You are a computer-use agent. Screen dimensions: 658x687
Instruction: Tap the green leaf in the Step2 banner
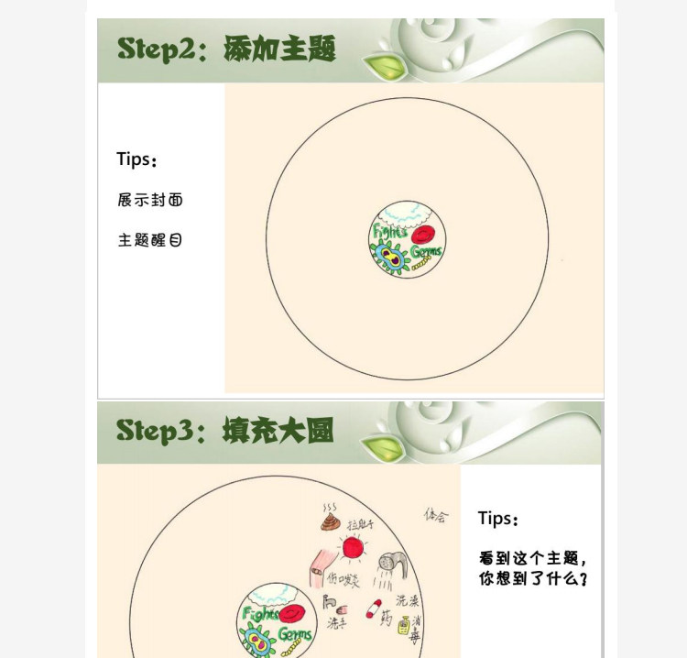coord(380,65)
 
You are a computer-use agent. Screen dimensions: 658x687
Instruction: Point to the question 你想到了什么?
coord(532,579)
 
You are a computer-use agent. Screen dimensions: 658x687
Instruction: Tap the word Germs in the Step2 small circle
coord(426,251)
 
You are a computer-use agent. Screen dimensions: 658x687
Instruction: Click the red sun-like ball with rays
coord(353,548)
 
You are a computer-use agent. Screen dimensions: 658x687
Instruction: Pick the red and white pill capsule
coord(374,608)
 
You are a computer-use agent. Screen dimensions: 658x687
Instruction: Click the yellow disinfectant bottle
coord(403,625)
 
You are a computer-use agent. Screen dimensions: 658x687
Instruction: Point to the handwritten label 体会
coord(436,516)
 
